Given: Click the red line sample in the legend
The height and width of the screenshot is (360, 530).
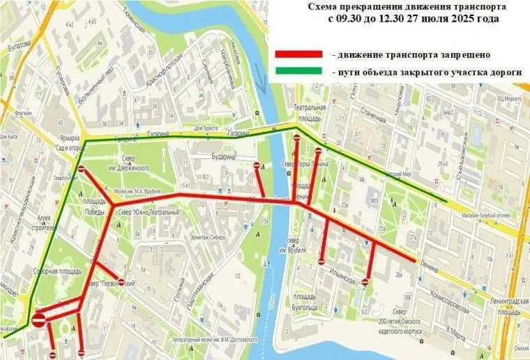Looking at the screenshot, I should click(298, 54).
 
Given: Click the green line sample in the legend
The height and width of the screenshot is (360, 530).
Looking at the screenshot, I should click(298, 71).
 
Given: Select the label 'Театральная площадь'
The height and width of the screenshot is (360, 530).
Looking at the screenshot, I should click(310, 112).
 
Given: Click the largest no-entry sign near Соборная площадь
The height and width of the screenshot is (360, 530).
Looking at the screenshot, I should click(39, 320).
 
